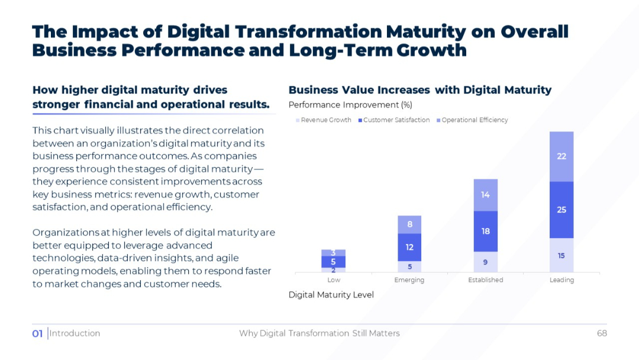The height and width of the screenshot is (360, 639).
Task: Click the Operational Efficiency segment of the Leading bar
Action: [x=561, y=156]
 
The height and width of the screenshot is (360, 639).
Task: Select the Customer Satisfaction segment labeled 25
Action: [x=561, y=210]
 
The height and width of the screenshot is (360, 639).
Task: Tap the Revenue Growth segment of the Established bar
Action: [x=485, y=262]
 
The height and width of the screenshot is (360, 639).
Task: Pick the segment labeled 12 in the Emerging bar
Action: [x=409, y=247]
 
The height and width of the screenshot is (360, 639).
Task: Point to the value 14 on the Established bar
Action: [x=485, y=195]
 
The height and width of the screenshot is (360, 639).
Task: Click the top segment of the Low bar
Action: [x=333, y=253]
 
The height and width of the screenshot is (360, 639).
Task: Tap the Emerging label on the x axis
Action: [x=409, y=280]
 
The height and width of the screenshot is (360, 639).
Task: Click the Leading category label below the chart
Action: [x=561, y=280]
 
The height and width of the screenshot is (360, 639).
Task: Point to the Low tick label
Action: [x=334, y=280]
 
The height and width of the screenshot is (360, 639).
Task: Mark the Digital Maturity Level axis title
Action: [x=331, y=295]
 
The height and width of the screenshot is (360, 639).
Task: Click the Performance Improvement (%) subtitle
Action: [x=350, y=105]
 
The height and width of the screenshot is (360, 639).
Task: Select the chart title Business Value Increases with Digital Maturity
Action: [x=419, y=90]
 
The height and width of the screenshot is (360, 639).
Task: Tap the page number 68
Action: [x=602, y=333]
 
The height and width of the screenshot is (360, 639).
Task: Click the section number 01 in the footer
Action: [x=37, y=334]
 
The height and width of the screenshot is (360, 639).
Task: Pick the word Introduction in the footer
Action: [x=75, y=333]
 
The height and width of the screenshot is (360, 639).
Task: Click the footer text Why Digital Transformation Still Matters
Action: [x=319, y=333]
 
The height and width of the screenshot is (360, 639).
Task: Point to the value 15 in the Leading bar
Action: [x=561, y=256]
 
